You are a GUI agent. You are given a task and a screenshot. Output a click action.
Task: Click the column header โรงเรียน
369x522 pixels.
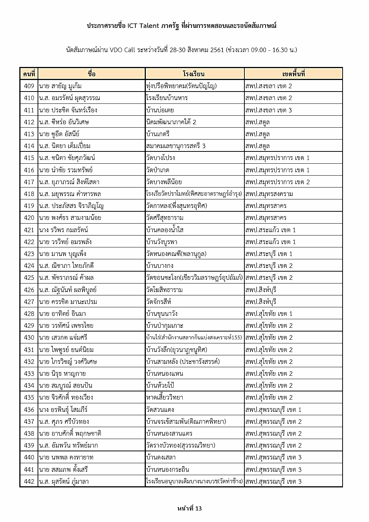coord(194,74)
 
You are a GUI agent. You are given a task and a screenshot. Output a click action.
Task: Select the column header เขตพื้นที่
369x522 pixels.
coord(293,74)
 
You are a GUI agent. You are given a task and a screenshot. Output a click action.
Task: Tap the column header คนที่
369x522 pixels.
coord(29,74)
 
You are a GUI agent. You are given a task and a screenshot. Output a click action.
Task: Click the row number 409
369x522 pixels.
coord(29,86)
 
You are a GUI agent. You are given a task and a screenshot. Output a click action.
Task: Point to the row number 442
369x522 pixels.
coord(29,481)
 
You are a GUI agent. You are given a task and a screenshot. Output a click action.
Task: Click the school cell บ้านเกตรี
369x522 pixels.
coord(161,134)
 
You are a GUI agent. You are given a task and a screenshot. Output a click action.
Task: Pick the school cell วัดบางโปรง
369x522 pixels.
coord(161,158)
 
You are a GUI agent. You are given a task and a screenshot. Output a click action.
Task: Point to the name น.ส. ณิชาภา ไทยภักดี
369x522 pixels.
coord(66,266)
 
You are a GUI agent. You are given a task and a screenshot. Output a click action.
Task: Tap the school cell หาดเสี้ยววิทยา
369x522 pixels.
coord(165,397)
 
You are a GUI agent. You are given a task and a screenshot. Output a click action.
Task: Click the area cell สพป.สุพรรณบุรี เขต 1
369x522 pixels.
coord(273,410)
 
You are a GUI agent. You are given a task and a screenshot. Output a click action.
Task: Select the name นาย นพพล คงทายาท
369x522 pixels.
coord(66,457)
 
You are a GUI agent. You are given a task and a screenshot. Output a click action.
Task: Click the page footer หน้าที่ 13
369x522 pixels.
coord(189,508)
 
